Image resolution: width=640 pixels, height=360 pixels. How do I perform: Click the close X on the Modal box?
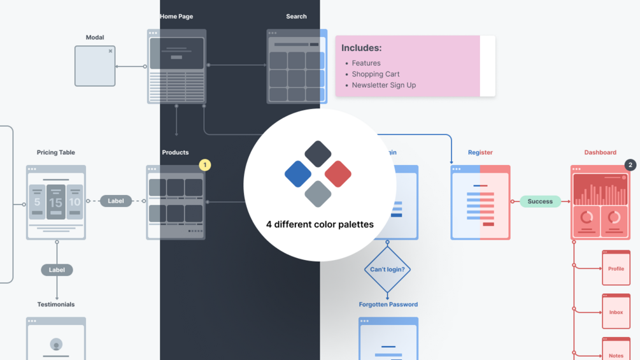(x=110, y=51)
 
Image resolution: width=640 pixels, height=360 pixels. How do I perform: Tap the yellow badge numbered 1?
(x=204, y=165)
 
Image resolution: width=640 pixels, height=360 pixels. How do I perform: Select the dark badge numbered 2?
(x=630, y=165)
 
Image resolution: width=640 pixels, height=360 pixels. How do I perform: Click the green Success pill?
(x=540, y=201)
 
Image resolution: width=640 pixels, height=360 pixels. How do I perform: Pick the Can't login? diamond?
(x=387, y=270)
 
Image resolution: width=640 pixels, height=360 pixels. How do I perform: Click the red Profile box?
(x=616, y=268)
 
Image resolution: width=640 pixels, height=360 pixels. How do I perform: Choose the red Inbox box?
(x=616, y=312)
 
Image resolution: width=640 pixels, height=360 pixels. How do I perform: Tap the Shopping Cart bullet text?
(x=376, y=74)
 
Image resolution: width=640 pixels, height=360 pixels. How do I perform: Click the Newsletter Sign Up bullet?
(x=383, y=85)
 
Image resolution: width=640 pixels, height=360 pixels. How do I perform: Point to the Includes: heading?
(x=361, y=48)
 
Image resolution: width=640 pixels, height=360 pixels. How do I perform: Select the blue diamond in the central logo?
(x=298, y=174)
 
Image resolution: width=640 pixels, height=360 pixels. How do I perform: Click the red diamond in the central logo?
(x=338, y=174)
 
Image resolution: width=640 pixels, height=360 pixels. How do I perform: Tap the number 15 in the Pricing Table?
(x=55, y=203)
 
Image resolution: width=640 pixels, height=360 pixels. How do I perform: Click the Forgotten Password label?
(x=388, y=305)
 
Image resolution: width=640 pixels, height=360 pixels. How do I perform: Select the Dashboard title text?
(x=600, y=152)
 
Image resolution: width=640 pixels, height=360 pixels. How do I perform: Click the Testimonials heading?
(x=56, y=305)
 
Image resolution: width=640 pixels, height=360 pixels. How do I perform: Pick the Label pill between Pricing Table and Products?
(x=116, y=201)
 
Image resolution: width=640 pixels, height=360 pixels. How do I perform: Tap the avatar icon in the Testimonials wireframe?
(x=56, y=345)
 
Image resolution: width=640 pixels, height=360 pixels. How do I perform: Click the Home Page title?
(x=176, y=17)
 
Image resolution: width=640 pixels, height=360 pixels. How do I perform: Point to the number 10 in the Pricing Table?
(x=75, y=203)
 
